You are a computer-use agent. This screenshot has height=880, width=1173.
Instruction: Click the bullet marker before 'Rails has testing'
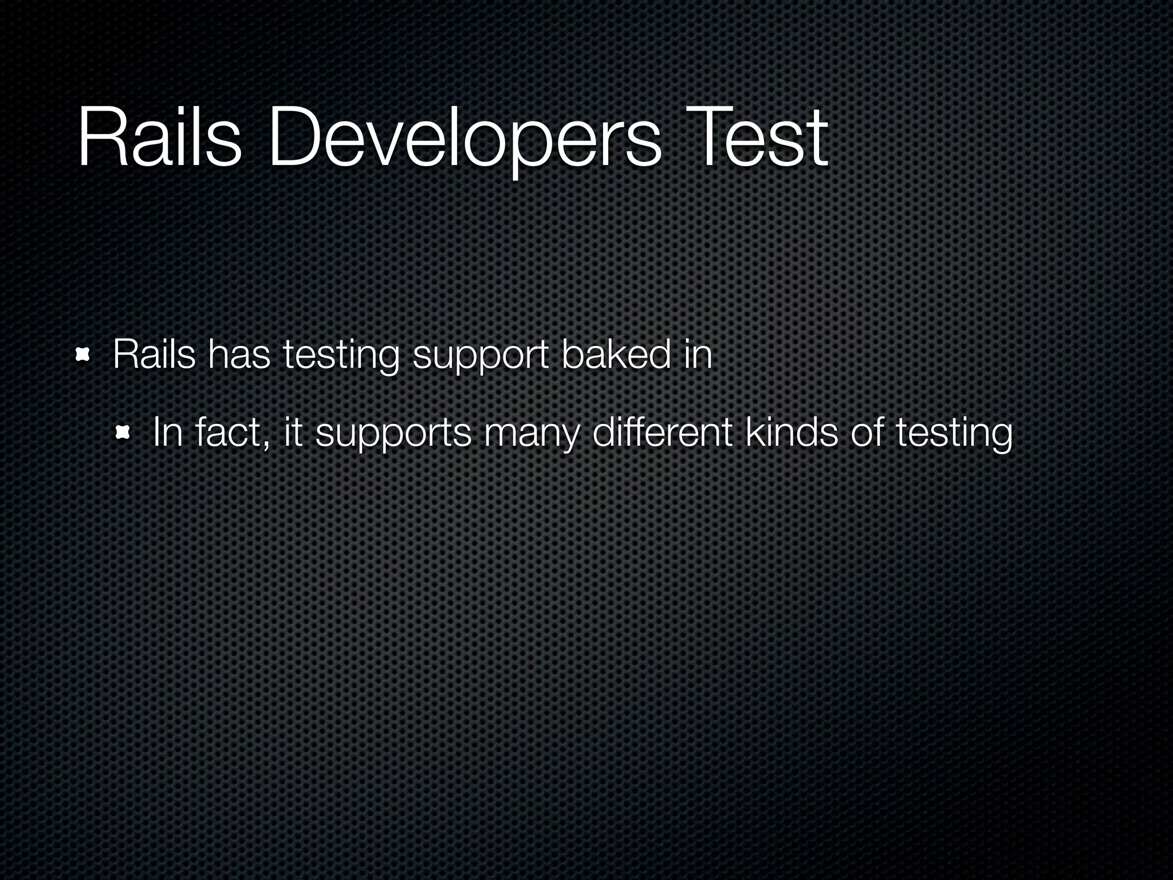click(x=84, y=356)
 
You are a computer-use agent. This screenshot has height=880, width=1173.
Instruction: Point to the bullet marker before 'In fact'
click(x=123, y=433)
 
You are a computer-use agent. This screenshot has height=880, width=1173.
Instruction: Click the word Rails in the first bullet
click(x=154, y=355)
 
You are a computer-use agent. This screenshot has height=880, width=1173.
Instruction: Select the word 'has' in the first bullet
click(x=239, y=355)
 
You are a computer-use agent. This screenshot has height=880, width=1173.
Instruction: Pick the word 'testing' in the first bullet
click(x=341, y=357)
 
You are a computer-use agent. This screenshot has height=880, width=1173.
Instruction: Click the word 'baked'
click(x=616, y=355)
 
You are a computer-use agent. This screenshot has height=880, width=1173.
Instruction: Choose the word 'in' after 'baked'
click(x=698, y=355)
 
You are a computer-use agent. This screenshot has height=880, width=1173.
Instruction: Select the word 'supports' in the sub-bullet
click(x=393, y=435)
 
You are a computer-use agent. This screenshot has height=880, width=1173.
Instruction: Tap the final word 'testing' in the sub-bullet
click(x=954, y=435)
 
